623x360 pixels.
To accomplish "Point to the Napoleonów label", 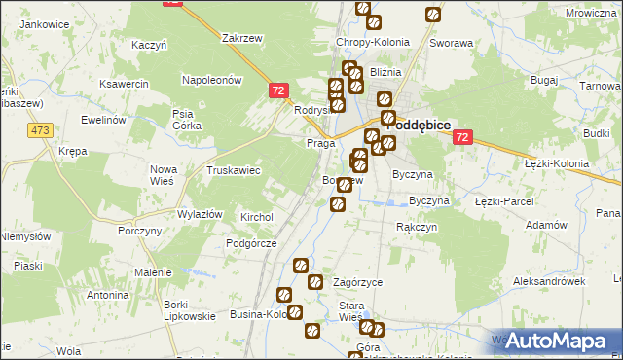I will pyautogui.click(x=211, y=80).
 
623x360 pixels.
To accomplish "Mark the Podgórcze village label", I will pyautogui.click(x=252, y=243).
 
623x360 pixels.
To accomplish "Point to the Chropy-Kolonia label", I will pyautogui.click(x=373, y=43).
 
